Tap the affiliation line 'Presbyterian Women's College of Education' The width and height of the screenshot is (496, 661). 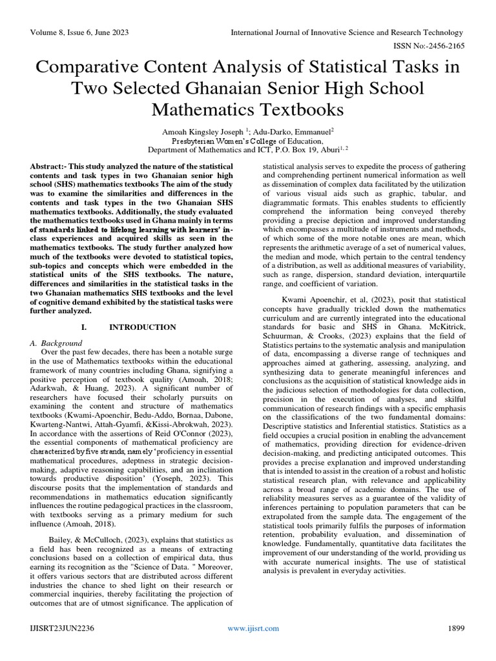point(247,141)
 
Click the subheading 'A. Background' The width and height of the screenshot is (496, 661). point(56,343)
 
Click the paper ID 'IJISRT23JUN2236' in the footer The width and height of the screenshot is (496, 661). point(61,628)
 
